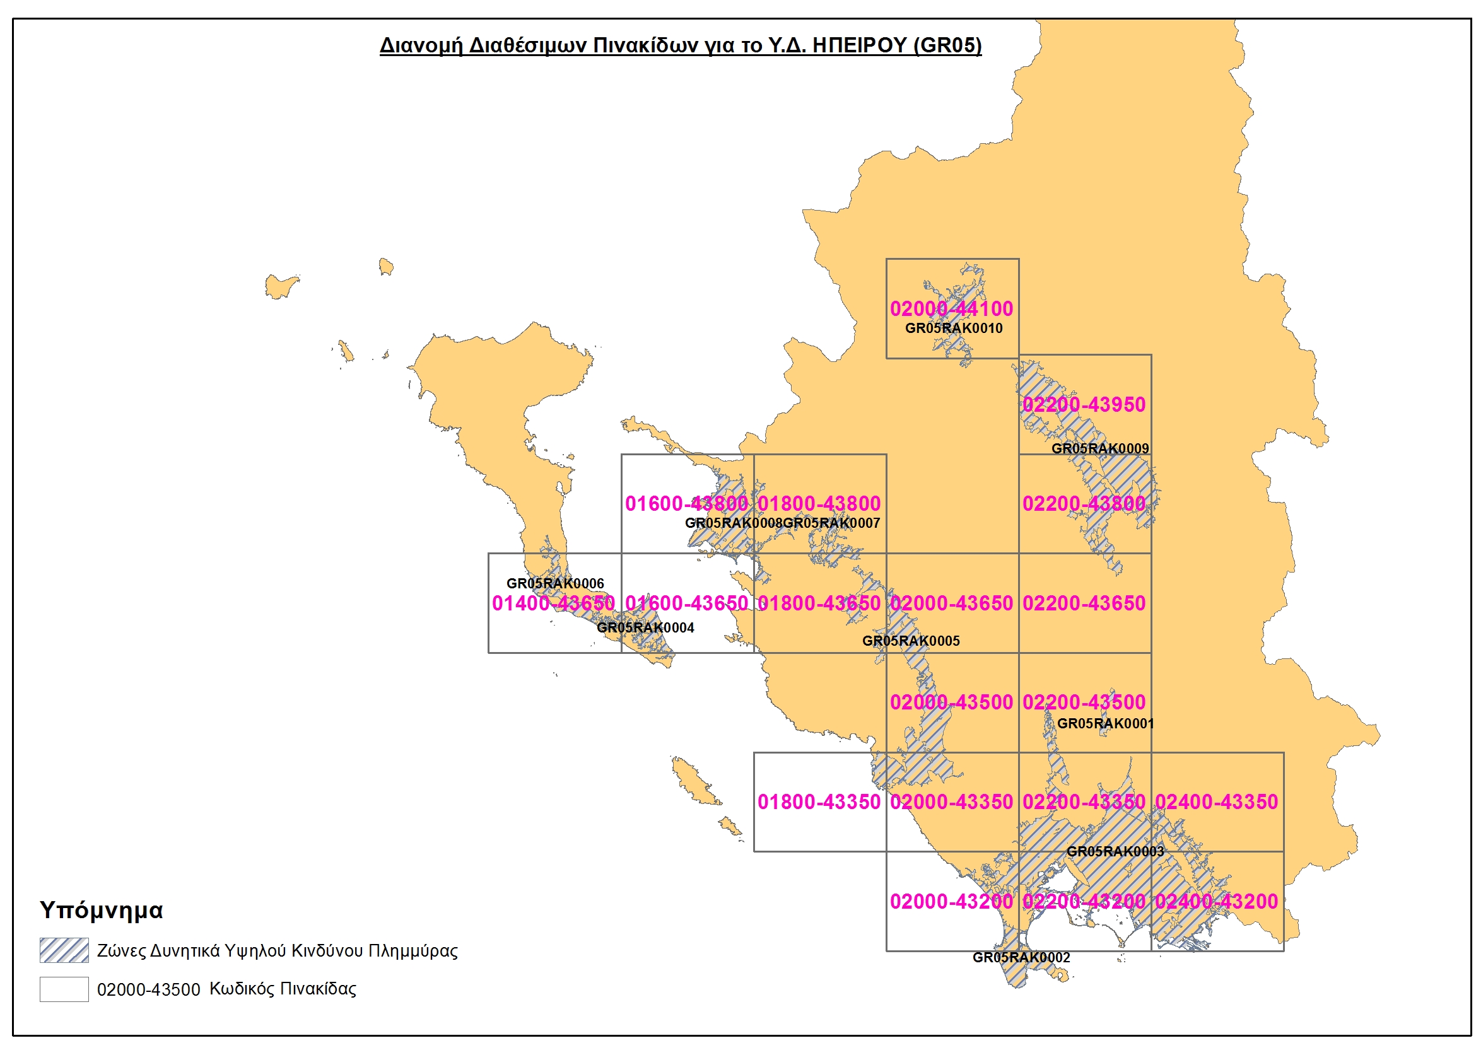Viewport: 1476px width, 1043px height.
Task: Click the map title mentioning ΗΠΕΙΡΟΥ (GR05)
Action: [x=680, y=45]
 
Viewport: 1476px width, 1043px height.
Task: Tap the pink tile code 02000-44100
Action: [x=951, y=309]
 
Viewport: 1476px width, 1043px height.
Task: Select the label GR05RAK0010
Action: [x=953, y=329]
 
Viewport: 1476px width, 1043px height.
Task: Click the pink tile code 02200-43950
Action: [x=1084, y=405]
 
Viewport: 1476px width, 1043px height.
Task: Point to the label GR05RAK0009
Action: [x=1100, y=448]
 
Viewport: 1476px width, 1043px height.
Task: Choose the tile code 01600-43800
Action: [x=686, y=504]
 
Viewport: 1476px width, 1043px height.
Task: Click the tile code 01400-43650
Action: [x=554, y=603]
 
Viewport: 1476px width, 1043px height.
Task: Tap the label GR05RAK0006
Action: [x=555, y=583]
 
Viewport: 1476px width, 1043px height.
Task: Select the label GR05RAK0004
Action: [x=645, y=628]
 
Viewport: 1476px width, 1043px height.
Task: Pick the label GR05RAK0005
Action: [x=910, y=641]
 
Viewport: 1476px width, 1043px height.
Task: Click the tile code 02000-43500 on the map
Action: [x=951, y=702]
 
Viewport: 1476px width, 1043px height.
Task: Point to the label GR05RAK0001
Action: [x=1105, y=724]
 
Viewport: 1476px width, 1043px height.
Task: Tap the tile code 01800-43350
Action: [x=818, y=802]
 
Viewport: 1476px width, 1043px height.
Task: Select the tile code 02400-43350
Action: [x=1216, y=802]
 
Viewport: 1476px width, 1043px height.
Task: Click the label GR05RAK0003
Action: [x=1115, y=851]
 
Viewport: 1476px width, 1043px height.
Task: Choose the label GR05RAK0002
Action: [x=1021, y=957]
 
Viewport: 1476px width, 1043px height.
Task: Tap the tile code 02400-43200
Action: [x=1216, y=902]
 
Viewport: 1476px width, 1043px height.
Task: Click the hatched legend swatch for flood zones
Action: [x=64, y=950]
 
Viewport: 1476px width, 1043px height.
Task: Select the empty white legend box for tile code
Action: [x=64, y=989]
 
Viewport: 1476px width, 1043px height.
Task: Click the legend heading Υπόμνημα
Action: [x=102, y=910]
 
